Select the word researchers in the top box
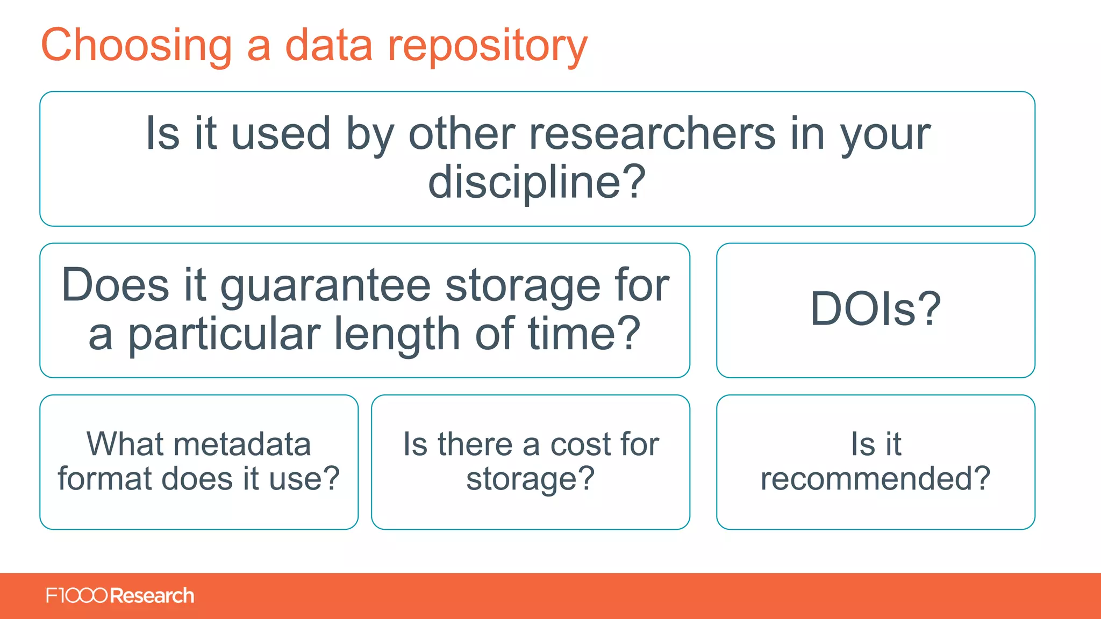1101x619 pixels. tap(652, 134)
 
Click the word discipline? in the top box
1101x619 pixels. tap(537, 182)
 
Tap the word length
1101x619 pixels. tap(397, 335)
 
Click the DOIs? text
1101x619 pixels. tap(875, 309)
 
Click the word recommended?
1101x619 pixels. tap(875, 478)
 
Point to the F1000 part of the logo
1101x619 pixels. tap(76, 595)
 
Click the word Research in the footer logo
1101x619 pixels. tap(152, 595)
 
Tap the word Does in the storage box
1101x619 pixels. tap(115, 286)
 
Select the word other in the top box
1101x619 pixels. tap(461, 134)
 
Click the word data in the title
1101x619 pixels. tap(328, 46)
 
